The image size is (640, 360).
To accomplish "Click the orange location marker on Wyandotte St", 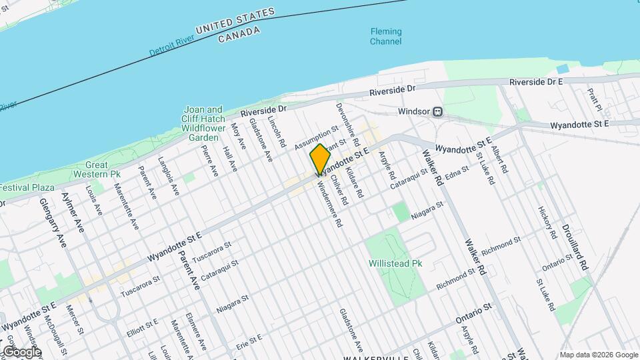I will click(320, 159).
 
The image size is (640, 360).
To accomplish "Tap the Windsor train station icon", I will click(438, 112).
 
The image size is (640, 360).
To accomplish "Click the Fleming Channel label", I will click(386, 37).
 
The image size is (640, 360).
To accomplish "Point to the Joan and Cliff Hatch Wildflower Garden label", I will click(204, 123).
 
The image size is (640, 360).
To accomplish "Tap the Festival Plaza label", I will click(18, 188).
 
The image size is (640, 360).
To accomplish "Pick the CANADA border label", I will click(239, 33).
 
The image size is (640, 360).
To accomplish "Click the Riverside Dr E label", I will click(536, 81).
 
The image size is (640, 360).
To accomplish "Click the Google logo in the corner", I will click(21, 352).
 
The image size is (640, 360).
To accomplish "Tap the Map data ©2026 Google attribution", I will click(598, 355).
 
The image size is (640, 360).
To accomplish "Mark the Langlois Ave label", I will click(168, 177).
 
